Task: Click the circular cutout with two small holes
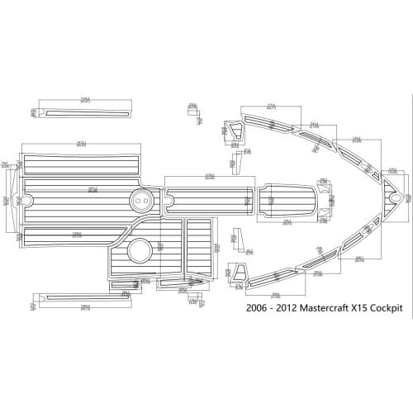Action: click(x=141, y=198)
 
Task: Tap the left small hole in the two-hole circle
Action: click(x=138, y=198)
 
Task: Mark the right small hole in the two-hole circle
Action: click(x=145, y=198)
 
